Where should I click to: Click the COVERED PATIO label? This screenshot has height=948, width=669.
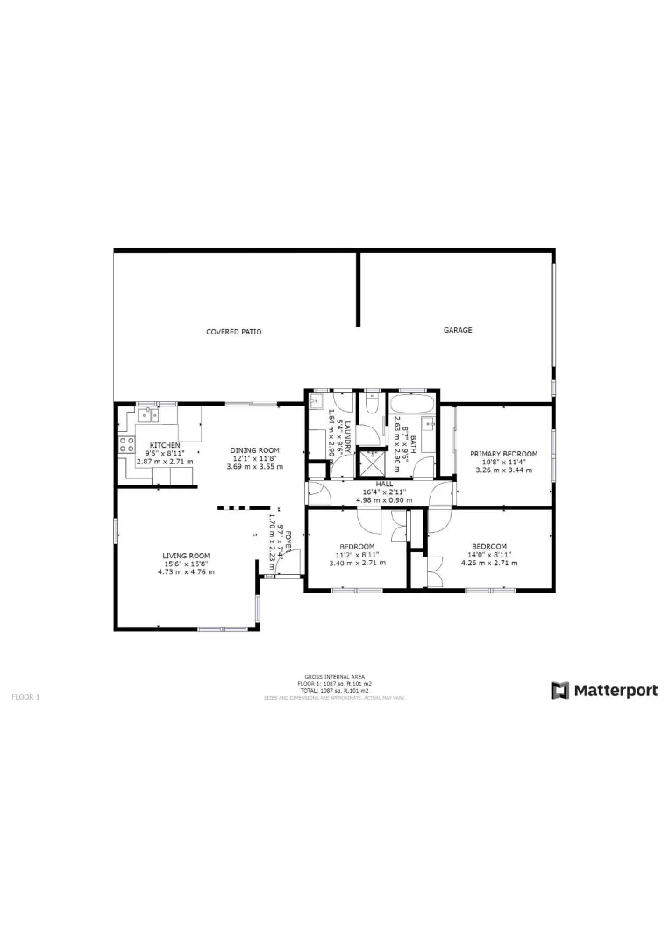[x=233, y=332]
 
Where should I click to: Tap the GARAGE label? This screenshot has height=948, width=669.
[x=457, y=330]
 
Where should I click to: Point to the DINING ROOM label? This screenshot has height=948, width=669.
[x=254, y=450]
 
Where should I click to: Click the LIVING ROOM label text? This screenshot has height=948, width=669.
[x=186, y=556]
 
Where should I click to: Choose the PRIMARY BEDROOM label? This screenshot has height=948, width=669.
[x=503, y=454]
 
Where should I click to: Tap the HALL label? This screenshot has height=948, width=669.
[x=384, y=484]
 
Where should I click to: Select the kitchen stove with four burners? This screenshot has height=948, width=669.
[x=125, y=443]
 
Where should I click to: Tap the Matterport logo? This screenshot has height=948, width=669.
[x=604, y=691]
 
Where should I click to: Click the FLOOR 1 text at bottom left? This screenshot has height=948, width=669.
[x=25, y=696]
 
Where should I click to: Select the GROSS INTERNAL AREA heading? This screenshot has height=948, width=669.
[x=334, y=676]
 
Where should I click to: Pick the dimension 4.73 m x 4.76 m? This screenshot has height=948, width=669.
[x=186, y=571]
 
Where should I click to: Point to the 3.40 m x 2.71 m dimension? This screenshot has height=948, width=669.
[x=357, y=563]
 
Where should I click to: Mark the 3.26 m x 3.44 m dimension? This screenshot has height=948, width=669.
[x=503, y=470]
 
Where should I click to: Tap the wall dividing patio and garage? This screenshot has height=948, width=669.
[x=358, y=290]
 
